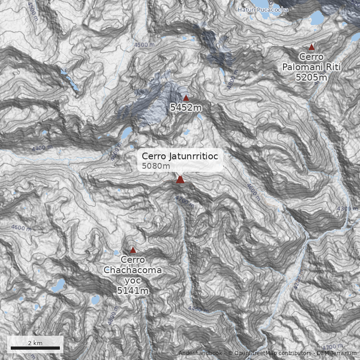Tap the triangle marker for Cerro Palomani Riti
311,47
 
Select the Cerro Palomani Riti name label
311,63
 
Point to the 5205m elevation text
311,77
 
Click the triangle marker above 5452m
186,98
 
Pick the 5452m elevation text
186,108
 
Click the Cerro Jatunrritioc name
180,156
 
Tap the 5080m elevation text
156,166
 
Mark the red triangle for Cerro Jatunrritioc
180,180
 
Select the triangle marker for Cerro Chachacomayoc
133,249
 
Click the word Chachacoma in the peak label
132,270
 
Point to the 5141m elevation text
133,291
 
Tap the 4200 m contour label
297,282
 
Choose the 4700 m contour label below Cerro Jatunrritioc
185,201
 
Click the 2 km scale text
35,343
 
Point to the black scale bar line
35,348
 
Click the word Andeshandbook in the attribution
200,353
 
